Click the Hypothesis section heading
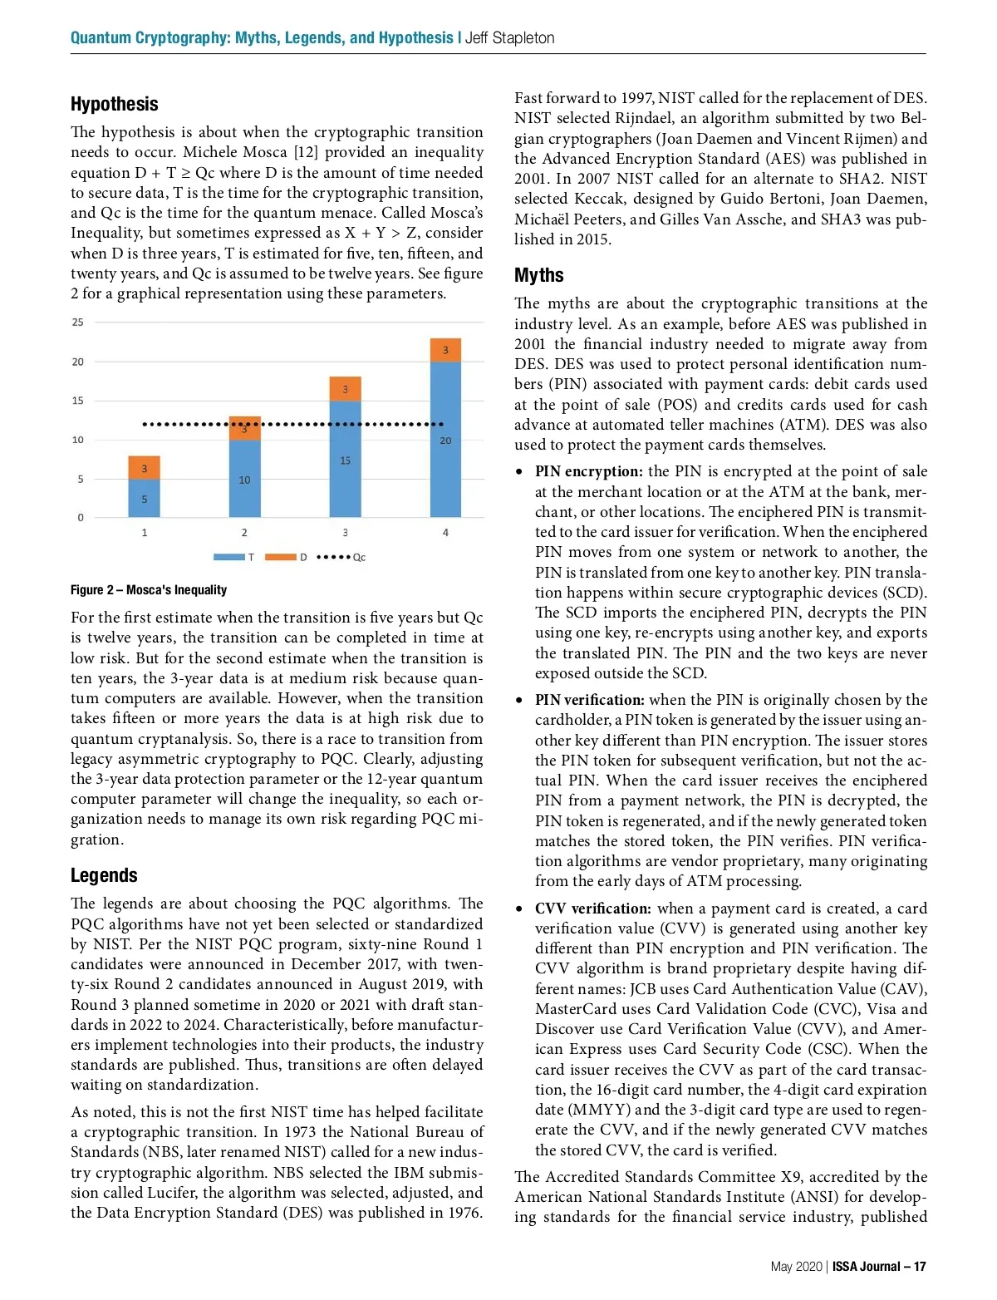coord(114,104)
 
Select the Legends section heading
coord(104,875)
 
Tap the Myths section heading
coord(538,275)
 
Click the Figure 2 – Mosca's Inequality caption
coord(149,590)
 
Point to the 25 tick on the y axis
coord(77,323)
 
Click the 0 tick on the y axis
coord(81,518)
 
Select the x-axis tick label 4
coord(445,533)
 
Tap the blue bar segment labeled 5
coord(144,499)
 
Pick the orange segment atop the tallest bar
coord(445,350)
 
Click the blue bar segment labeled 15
coord(345,460)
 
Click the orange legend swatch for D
coord(280,557)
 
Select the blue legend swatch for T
coord(228,557)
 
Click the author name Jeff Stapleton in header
coord(509,38)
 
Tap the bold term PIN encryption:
coord(588,471)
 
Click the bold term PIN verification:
coord(589,700)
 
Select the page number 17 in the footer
coord(919,1267)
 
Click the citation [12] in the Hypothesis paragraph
coord(306,152)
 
